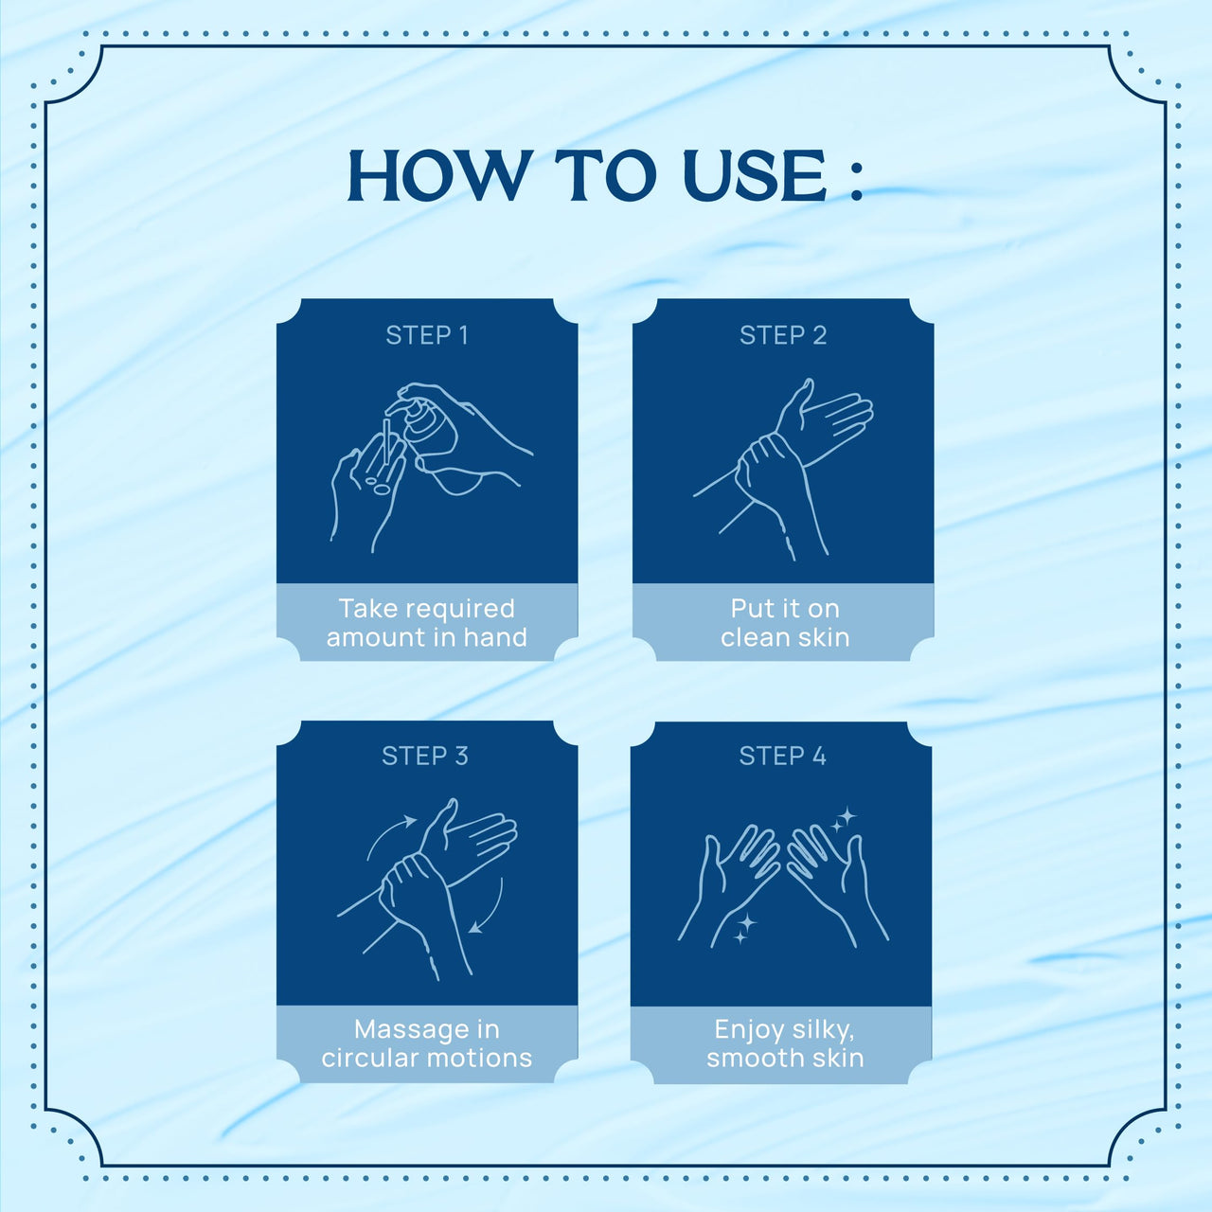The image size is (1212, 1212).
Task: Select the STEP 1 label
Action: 427,335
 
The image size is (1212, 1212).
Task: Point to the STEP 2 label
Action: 783,335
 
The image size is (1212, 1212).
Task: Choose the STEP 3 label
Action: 425,756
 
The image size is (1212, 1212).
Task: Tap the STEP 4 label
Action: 782,756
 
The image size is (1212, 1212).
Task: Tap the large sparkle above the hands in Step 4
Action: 847,816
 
